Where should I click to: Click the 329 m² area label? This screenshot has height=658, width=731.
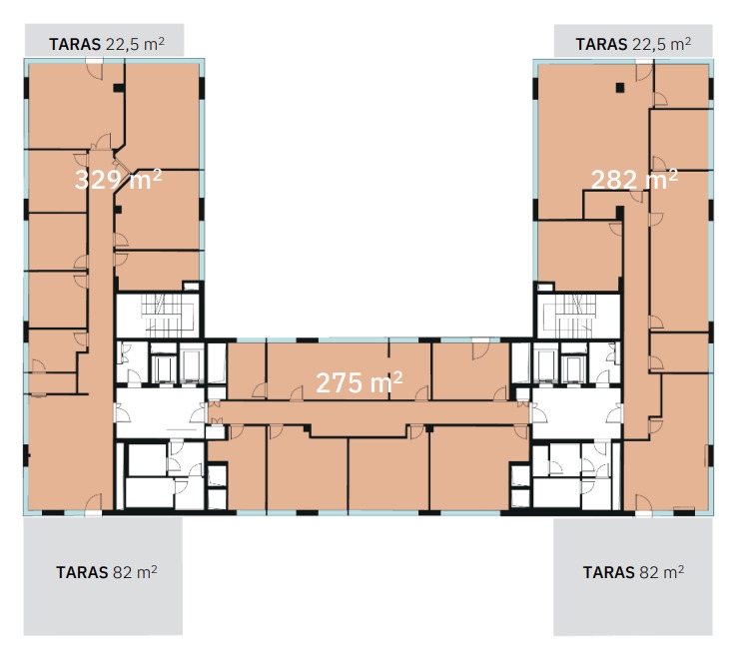[119, 180]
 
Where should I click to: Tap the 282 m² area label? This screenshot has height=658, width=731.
[634, 180]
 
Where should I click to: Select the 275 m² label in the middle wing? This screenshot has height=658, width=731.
[359, 382]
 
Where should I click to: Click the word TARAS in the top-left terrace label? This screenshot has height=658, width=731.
[75, 44]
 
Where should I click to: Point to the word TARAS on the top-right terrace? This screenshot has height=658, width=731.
[601, 44]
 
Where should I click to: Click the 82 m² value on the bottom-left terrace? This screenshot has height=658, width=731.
[134, 572]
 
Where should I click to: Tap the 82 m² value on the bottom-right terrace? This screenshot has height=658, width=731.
[661, 572]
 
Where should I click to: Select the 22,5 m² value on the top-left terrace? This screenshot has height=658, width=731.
[135, 44]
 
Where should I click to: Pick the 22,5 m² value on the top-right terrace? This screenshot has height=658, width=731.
[661, 44]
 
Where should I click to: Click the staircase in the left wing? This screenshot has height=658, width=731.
[160, 315]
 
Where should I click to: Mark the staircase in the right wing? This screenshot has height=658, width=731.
[578, 315]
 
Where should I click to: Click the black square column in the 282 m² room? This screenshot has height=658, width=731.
[619, 87]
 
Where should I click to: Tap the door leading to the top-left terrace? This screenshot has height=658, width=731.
[95, 70]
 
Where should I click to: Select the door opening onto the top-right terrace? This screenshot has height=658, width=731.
[644, 71]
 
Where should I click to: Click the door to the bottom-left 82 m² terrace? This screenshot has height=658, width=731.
[93, 503]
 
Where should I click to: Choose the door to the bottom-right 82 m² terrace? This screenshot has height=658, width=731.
[644, 504]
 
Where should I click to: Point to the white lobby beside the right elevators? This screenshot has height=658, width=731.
[576, 413]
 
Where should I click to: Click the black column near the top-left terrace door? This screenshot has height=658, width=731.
[119, 88]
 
